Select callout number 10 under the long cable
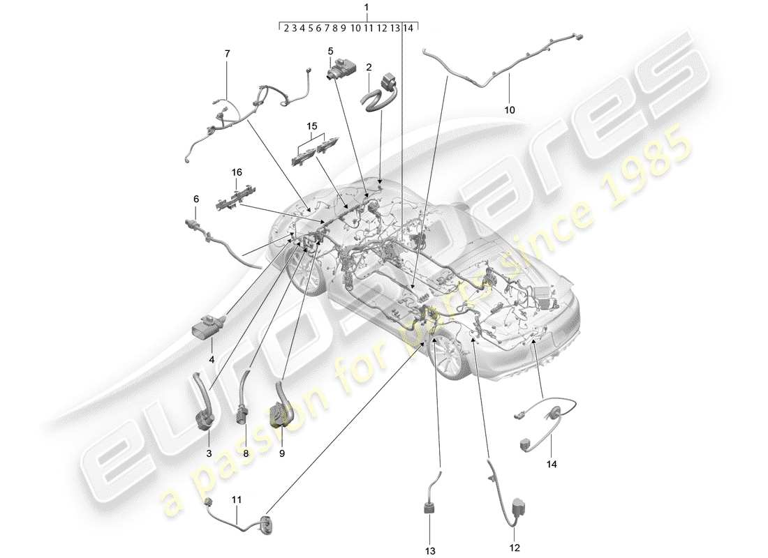tap(509, 110)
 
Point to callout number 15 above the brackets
tap(311, 126)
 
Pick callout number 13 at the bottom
tap(430, 550)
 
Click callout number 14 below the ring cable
tap(553, 462)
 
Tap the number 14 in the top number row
tap(408, 28)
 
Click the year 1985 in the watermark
tap(643, 168)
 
